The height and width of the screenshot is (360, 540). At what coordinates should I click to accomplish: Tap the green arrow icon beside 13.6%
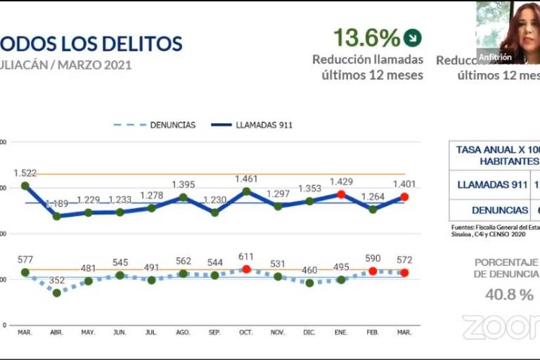415,37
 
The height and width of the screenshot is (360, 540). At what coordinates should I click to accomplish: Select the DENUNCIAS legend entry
155,125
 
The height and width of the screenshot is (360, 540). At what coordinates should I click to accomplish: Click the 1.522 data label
25,173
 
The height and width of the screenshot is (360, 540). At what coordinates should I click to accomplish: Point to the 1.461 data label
247,179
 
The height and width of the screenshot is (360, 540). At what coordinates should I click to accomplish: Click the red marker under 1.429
342,194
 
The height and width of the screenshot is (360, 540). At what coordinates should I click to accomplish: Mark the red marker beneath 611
246,269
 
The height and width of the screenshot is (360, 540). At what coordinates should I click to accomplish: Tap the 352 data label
57,281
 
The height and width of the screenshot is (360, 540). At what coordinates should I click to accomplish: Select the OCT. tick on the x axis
246,332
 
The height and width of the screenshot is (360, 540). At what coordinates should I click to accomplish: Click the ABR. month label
57,332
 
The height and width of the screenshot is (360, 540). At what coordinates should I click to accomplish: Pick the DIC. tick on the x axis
309,332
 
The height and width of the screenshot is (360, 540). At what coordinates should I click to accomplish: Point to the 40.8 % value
509,295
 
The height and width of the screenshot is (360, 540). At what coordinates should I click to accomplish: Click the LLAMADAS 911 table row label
492,185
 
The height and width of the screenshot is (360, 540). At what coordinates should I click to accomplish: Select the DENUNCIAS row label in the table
499,210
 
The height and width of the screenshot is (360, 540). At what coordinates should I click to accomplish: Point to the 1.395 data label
183,184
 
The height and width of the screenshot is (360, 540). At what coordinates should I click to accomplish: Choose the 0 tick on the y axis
4,326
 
